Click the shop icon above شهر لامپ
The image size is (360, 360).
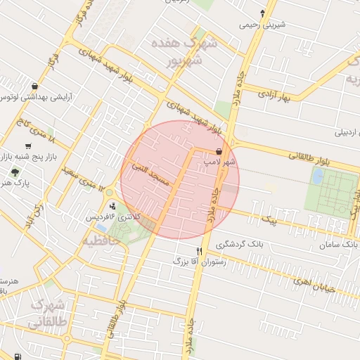point(219,152)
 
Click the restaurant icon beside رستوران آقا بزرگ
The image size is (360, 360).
point(200,251)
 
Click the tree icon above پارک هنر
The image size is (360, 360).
point(15,172)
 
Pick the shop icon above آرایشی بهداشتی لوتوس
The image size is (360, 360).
point(34,86)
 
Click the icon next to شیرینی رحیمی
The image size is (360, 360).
point(263,13)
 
